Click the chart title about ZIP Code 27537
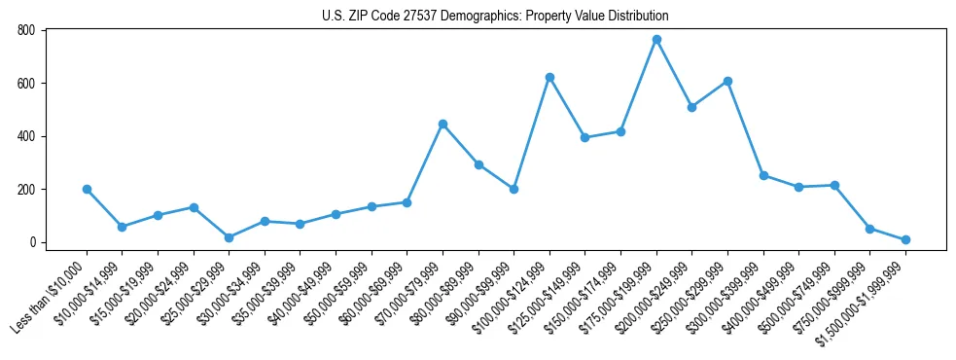tap(495, 16)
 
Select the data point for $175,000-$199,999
tap(656, 40)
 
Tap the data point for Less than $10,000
tap(87, 189)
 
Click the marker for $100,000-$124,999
tap(549, 77)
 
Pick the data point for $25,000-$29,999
tap(229, 237)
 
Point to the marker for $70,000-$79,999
tap(443, 124)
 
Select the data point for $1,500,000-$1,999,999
tap(905, 239)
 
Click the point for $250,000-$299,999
tap(727, 81)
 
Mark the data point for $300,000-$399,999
tap(763, 175)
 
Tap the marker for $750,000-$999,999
tap(869, 229)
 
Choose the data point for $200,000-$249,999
tap(691, 107)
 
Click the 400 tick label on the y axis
tap(26, 136)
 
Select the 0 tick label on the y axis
tap(32, 242)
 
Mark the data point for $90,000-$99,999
tap(513, 189)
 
